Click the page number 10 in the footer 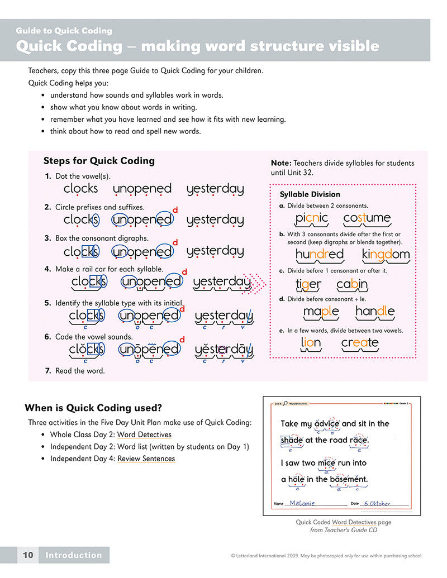pos(28,555)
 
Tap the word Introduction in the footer pos(74,555)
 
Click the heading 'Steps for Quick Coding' pos(99,161)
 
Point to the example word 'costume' pos(367,218)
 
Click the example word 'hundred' pos(320,255)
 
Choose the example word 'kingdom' pos(386,255)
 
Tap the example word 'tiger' pos(308,285)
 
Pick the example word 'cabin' pos(352,285)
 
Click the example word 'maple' pos(321,311)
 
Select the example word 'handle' pos(375,311)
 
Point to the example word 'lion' pos(311,342)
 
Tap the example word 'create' pos(360,342)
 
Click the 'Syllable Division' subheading pos(310,194)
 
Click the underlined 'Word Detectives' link pos(144,434)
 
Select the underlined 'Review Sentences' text pos(146,458)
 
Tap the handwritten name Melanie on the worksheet pos(303,503)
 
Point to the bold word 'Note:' pos(281,163)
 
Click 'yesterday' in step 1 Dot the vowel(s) pos(215,189)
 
